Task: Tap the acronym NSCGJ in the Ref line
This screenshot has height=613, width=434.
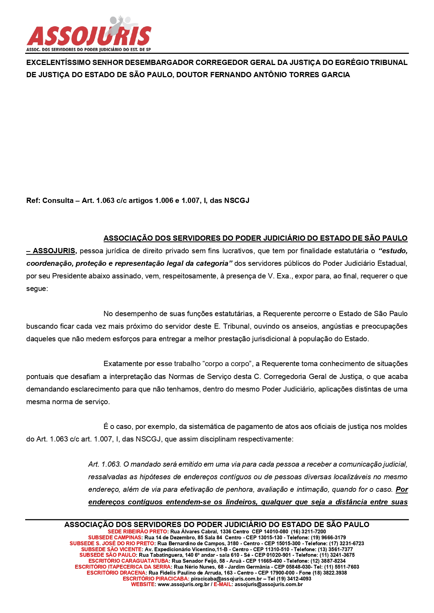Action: pos(236,200)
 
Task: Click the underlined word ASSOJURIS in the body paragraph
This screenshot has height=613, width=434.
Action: pos(54,251)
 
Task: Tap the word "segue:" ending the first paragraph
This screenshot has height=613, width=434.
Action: pos(37,289)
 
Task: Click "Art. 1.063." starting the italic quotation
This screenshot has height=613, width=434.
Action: pos(105,464)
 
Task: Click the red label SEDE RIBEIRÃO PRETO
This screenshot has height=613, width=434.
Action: pos(137,532)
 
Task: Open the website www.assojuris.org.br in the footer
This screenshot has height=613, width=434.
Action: pos(184,584)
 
